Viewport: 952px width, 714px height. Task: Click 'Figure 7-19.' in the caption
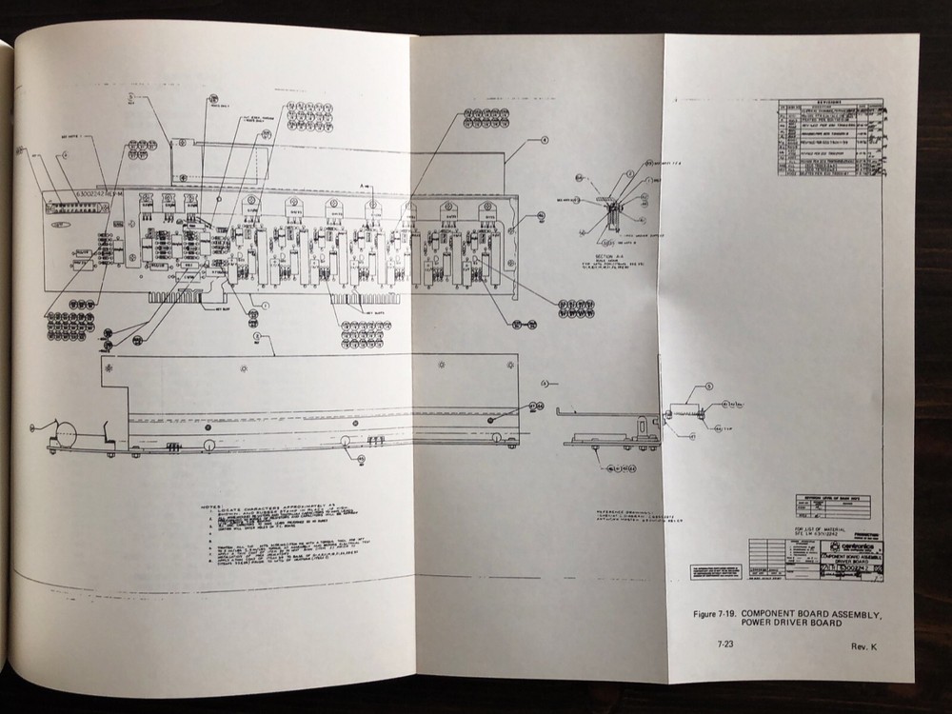click(718, 615)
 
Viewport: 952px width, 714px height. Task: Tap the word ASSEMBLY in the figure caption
click(854, 615)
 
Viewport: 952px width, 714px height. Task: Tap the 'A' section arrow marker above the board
click(364, 179)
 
